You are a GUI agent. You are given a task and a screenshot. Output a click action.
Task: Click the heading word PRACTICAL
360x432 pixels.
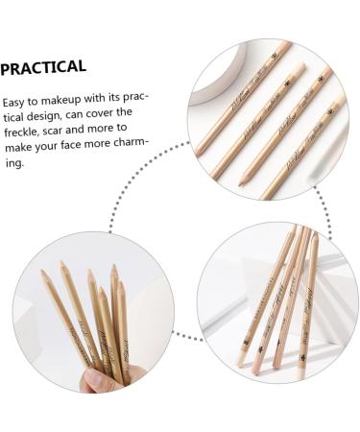[43, 67]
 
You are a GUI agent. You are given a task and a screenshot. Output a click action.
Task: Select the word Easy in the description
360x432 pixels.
[16, 102]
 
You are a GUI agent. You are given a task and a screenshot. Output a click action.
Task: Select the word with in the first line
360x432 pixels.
[118, 102]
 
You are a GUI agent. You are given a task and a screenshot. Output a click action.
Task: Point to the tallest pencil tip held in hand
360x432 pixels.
[63, 265]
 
